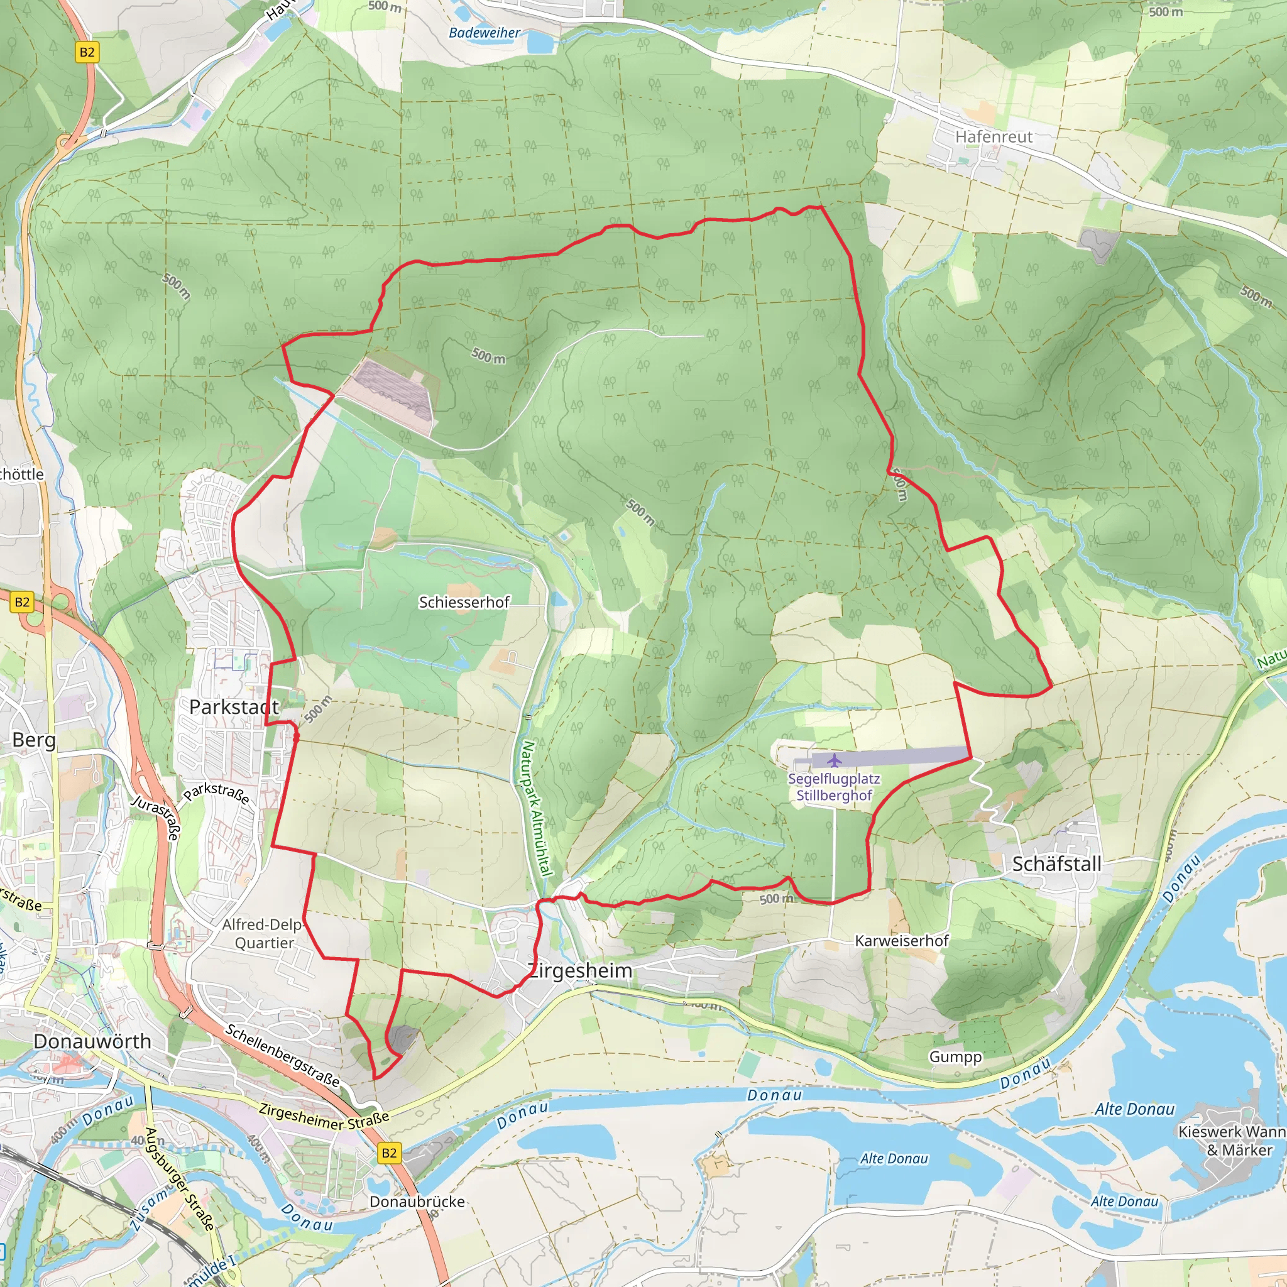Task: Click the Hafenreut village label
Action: tap(994, 136)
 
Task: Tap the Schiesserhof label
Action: tap(464, 602)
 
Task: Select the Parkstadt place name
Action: tap(234, 708)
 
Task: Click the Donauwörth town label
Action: tap(92, 1041)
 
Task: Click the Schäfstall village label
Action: tap(1056, 864)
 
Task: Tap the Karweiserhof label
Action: tap(901, 941)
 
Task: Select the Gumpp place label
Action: tap(955, 1057)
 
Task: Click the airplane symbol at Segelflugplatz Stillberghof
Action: tap(834, 760)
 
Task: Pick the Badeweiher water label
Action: tap(485, 33)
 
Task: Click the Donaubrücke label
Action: tap(417, 1202)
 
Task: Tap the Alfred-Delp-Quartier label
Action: tap(264, 933)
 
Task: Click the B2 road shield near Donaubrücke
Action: tap(389, 1153)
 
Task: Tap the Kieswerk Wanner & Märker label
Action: tap(1232, 1141)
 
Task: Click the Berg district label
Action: tap(34, 740)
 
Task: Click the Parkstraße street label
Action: tap(217, 794)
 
